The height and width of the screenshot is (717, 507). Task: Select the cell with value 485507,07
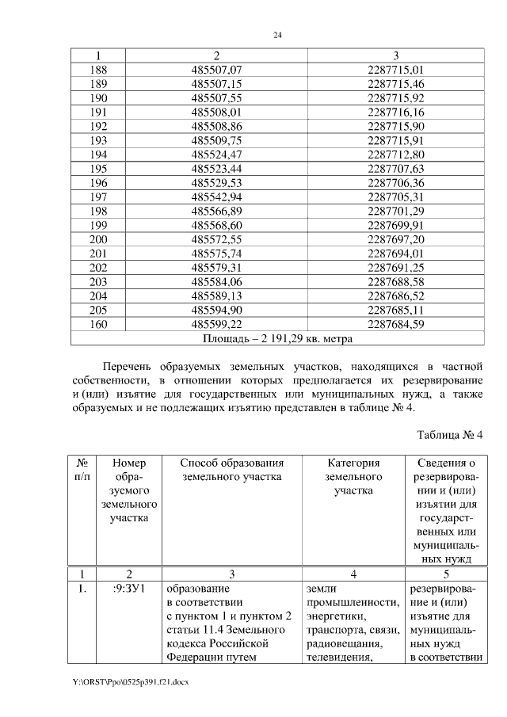pos(216,70)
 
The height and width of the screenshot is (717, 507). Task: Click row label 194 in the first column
pos(99,154)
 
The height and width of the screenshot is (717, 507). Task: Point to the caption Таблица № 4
pos(449,435)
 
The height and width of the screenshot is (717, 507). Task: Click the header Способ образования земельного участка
pos(232,470)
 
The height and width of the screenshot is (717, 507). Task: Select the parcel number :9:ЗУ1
pos(128,589)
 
